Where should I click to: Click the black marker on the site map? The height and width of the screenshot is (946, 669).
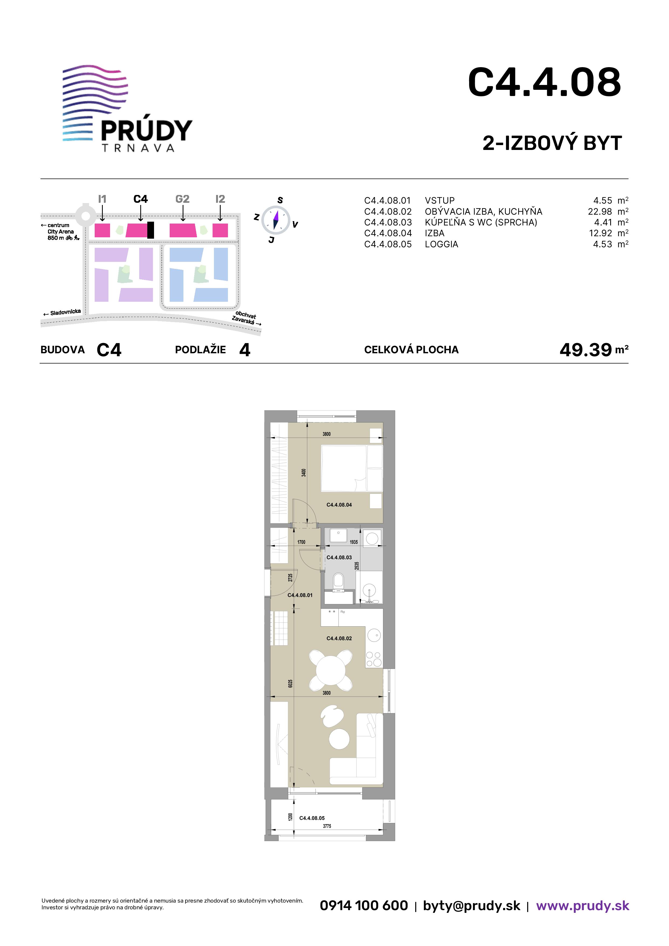click(151, 230)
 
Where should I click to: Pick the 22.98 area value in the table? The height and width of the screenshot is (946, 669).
click(600, 212)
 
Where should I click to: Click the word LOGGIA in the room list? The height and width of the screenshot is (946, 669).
click(442, 244)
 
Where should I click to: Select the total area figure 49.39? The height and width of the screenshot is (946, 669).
click(585, 350)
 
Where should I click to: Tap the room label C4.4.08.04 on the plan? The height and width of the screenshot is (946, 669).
click(339, 505)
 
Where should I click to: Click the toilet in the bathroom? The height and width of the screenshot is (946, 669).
click(339, 581)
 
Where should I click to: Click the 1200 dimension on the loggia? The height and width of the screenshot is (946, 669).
click(291, 817)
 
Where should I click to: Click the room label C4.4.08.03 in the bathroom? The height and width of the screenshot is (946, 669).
click(339, 557)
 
